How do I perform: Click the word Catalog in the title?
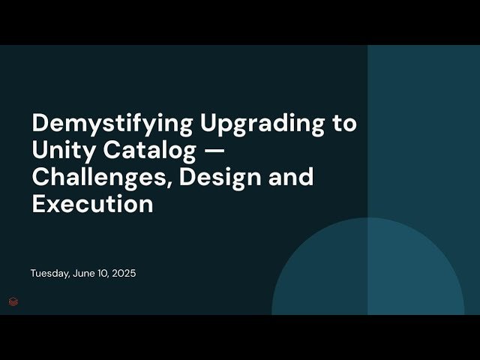(147, 150)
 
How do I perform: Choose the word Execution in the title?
(92, 204)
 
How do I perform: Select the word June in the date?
(85, 274)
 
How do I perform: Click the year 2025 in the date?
(124, 274)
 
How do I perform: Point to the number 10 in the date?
(103, 274)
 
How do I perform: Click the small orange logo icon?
(13, 301)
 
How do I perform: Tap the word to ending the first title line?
(344, 123)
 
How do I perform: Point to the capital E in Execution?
(38, 204)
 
